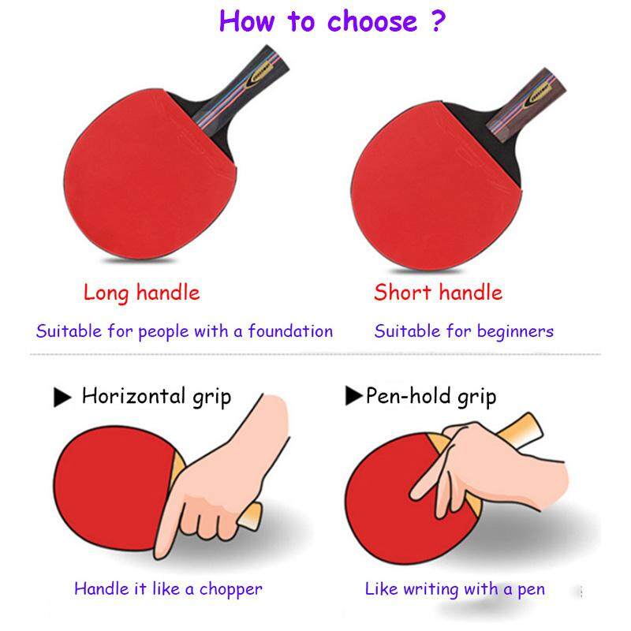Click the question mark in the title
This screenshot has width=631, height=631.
click(x=438, y=21)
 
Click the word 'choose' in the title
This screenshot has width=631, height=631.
click(x=372, y=21)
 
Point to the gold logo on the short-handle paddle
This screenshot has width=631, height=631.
click(x=537, y=95)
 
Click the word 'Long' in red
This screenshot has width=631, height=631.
click(x=106, y=293)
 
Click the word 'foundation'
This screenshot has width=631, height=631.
click(x=290, y=331)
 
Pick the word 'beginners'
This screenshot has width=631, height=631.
click(x=516, y=332)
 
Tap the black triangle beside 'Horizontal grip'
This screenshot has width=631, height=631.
click(x=62, y=398)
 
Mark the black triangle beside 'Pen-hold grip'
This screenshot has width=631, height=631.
click(x=353, y=395)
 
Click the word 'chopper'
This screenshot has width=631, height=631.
click(x=231, y=590)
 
